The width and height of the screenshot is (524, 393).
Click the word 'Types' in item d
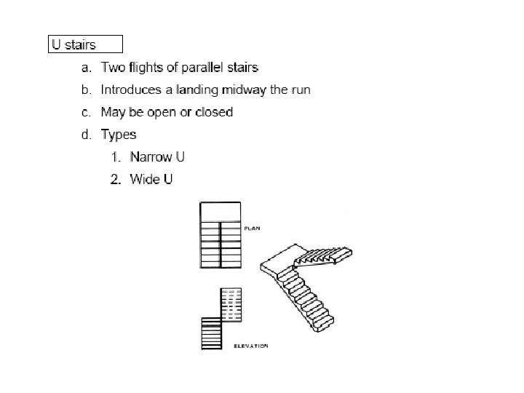(x=118, y=135)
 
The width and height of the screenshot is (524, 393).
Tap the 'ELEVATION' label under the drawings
(x=251, y=346)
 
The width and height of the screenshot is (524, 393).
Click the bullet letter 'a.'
(x=86, y=68)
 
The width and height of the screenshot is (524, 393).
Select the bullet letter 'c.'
(x=86, y=113)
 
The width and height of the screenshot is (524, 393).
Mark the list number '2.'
(x=115, y=179)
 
